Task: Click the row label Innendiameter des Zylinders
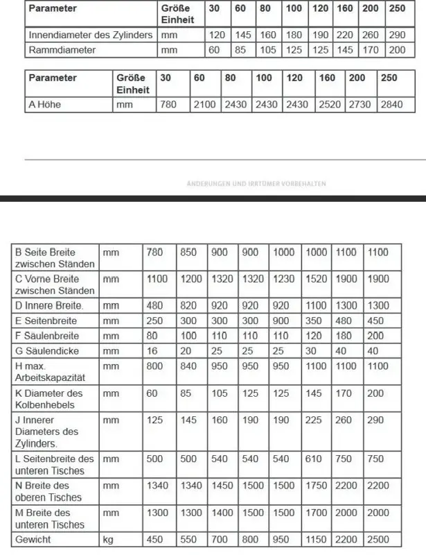coord(91,35)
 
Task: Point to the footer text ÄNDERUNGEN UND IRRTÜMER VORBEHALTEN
coord(256,184)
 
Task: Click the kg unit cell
coord(109,538)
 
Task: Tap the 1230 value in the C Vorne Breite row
coord(284,279)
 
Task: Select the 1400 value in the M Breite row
coord(221,513)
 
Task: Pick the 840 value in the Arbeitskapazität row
coord(188,366)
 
